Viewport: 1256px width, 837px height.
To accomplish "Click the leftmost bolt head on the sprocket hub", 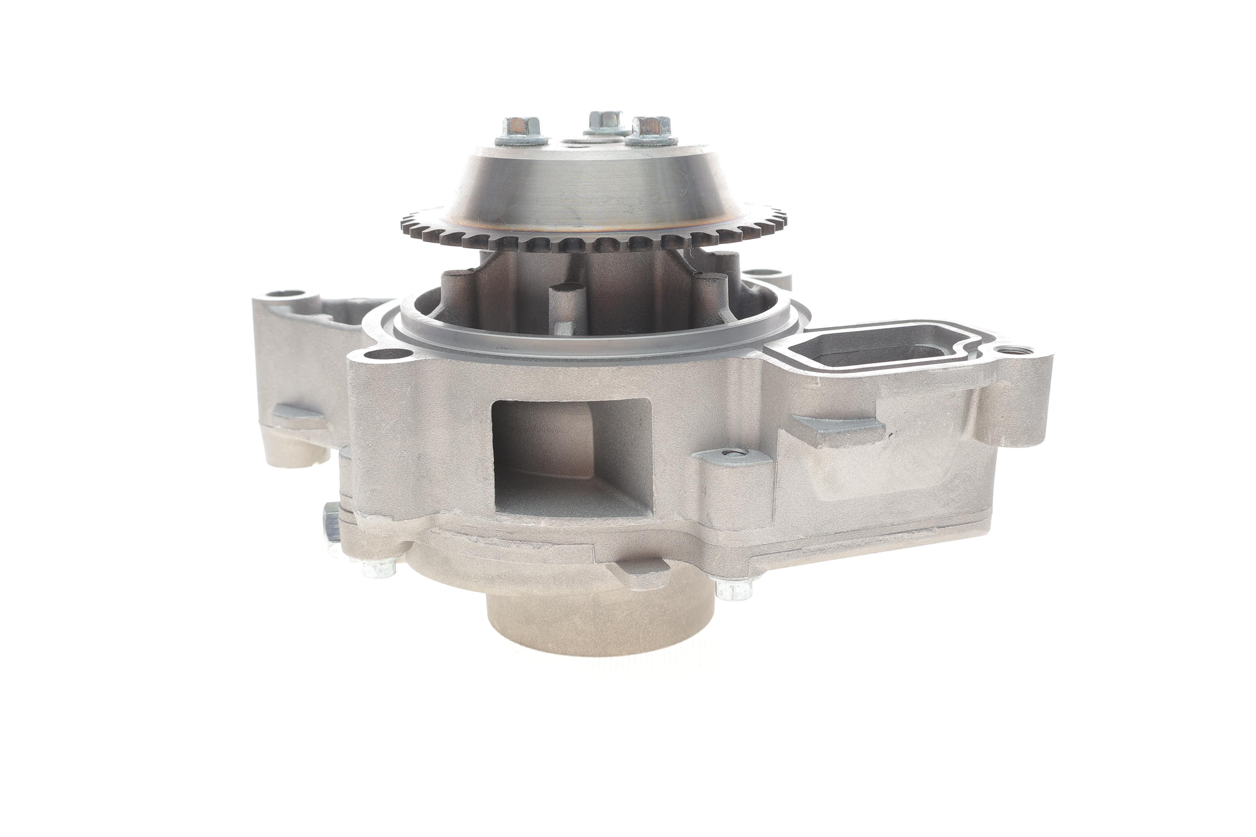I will (x=521, y=128).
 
